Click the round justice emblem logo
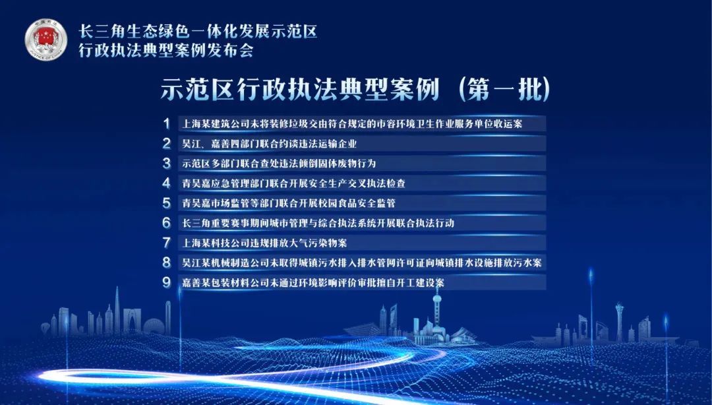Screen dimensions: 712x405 click(46, 39)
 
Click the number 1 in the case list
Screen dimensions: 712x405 click(167, 123)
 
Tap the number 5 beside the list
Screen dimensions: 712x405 click(167, 202)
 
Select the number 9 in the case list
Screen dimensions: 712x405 click(167, 282)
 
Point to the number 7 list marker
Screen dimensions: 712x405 click(167, 243)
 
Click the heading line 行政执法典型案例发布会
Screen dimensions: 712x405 click(165, 50)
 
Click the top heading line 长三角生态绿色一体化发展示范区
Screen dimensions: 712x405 click(198, 31)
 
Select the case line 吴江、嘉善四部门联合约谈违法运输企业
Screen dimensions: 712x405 click(269, 144)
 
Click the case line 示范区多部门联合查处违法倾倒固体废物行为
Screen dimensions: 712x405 click(279, 163)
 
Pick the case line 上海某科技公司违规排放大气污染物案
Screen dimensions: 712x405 click(264, 243)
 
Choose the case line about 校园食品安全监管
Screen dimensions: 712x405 click(289, 202)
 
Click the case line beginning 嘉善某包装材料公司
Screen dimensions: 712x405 click(313, 282)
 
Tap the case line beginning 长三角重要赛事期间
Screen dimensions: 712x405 click(318, 223)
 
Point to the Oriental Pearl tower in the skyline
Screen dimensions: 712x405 click(437, 313)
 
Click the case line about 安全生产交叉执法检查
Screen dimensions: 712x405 click(294, 183)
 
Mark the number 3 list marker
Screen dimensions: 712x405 click(167, 163)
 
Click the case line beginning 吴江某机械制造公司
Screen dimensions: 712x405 click(362, 263)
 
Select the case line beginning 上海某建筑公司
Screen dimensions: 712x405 click(352, 123)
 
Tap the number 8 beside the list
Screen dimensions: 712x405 click(167, 263)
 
